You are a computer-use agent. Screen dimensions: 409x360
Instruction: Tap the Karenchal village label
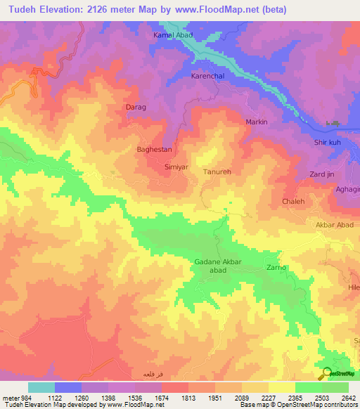(x=210, y=75)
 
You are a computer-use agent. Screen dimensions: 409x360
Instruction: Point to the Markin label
(x=257, y=122)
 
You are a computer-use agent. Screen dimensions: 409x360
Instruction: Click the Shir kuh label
(x=328, y=143)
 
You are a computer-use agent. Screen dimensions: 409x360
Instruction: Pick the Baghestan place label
(x=153, y=150)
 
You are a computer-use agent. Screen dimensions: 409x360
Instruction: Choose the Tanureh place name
(x=218, y=171)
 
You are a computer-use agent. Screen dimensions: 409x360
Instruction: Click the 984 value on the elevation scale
(x=20, y=396)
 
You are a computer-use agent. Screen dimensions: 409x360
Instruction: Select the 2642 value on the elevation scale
(x=347, y=396)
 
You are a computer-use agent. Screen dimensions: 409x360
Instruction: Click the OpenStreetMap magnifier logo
(x=327, y=374)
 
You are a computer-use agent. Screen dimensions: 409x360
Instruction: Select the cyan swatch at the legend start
(x=41, y=387)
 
